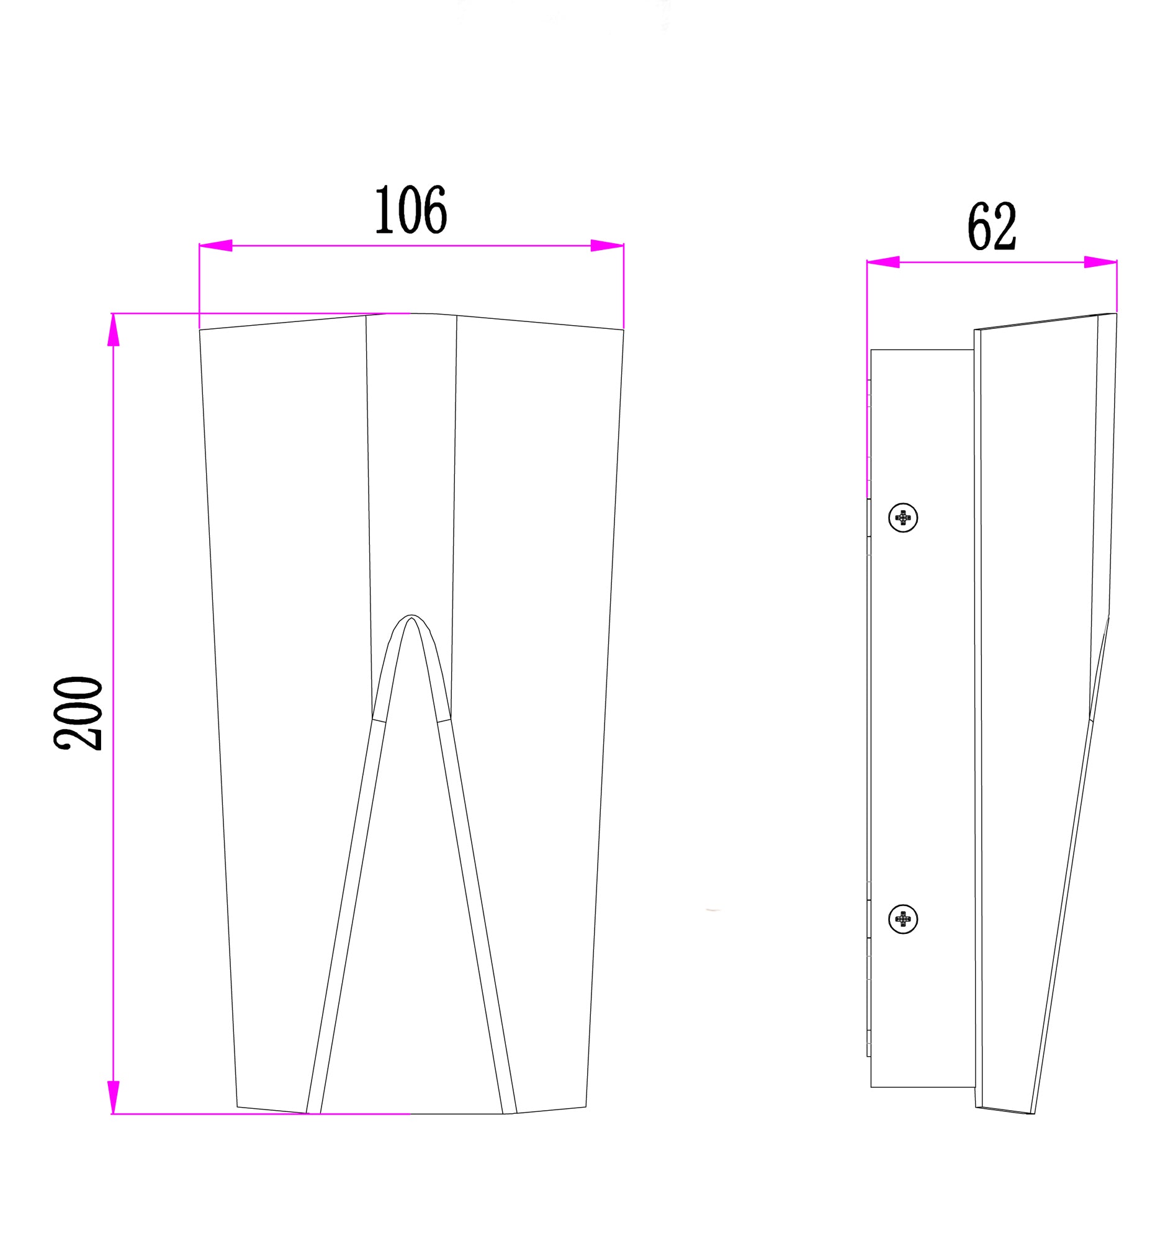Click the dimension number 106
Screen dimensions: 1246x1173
[x=411, y=210]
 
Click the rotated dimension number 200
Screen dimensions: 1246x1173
[x=78, y=712]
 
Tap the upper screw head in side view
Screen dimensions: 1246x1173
[x=903, y=518]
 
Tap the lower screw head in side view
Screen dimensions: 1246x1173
[x=903, y=920]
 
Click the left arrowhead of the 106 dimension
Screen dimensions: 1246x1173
[x=215, y=245]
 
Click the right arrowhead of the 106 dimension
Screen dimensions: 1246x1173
[x=607, y=245]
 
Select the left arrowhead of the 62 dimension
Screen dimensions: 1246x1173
[x=883, y=262]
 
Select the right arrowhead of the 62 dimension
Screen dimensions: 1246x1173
[x=1100, y=262]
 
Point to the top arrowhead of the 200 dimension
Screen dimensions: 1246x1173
[x=113, y=329]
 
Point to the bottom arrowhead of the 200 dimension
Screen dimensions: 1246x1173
[x=113, y=1097]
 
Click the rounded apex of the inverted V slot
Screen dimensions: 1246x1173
[x=410, y=617]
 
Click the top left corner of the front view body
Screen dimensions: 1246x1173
[x=200, y=329]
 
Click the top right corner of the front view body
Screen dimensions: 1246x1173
[x=623, y=329]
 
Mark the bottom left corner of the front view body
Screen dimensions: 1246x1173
[x=237, y=1107]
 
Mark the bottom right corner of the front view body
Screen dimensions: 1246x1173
[x=585, y=1107]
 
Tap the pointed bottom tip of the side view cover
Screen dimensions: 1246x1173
[x=1032, y=1113]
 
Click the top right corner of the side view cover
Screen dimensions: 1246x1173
[x=1116, y=313]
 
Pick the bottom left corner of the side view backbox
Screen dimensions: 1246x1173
[x=871, y=1087]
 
